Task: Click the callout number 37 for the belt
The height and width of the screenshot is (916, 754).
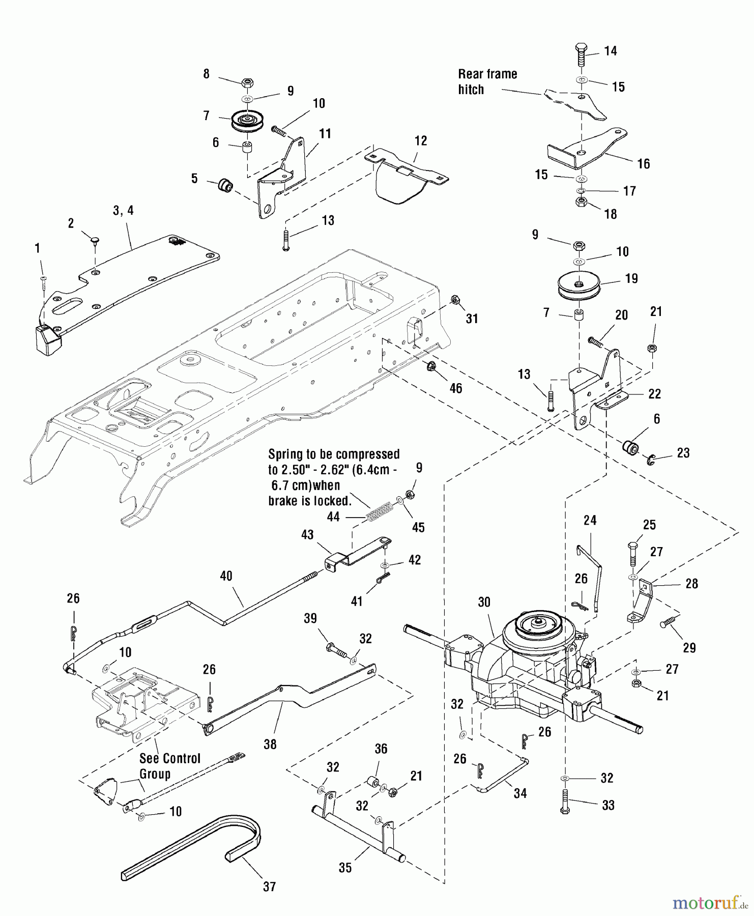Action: tap(269, 886)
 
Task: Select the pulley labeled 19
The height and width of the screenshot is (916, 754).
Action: tap(580, 286)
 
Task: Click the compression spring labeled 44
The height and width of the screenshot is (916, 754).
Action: tap(380, 510)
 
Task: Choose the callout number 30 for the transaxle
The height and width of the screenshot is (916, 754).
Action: tap(484, 602)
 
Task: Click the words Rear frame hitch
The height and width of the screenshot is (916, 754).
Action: tap(487, 82)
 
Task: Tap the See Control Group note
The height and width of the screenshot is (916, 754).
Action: tap(169, 766)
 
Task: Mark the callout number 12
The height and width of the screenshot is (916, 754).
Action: tap(421, 141)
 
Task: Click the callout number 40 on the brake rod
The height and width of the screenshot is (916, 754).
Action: tap(226, 576)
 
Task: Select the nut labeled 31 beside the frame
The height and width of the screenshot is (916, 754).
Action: tap(456, 300)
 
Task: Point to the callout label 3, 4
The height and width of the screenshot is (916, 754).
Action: tap(123, 210)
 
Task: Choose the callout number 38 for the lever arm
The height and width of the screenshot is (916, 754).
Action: tap(270, 744)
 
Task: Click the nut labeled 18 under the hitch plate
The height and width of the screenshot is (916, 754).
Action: tap(582, 202)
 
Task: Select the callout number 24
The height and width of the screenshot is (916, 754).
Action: tap(590, 520)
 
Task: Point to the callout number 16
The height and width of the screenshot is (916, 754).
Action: tap(644, 163)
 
